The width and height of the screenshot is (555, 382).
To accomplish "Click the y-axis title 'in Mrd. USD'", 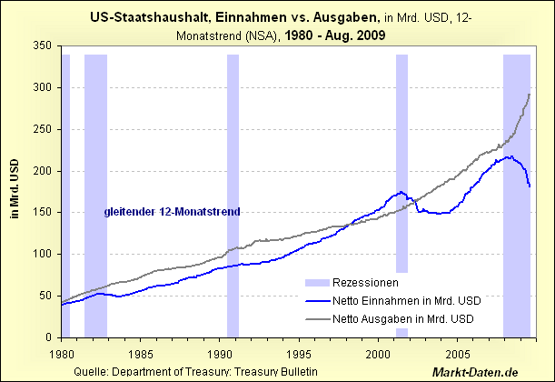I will [14, 190].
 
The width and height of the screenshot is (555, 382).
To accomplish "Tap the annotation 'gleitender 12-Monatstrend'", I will [171, 212].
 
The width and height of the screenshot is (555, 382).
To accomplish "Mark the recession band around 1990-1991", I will [233, 182].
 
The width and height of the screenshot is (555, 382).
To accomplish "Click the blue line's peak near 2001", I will [401, 192].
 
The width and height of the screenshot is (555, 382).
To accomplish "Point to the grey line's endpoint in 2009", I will [530, 94].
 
